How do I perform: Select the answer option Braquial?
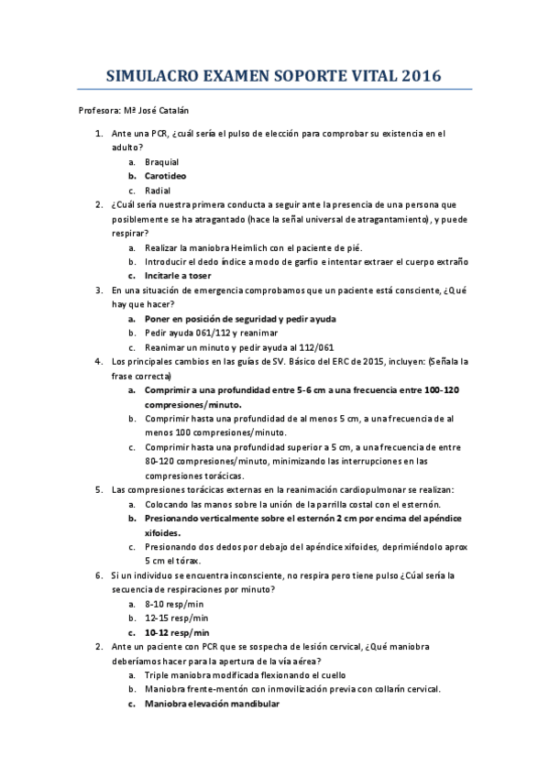click(161, 161)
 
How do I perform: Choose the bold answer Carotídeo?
click(165, 176)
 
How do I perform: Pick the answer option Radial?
click(158, 191)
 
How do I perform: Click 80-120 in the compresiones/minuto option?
click(160, 462)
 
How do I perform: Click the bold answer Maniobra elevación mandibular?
click(212, 704)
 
